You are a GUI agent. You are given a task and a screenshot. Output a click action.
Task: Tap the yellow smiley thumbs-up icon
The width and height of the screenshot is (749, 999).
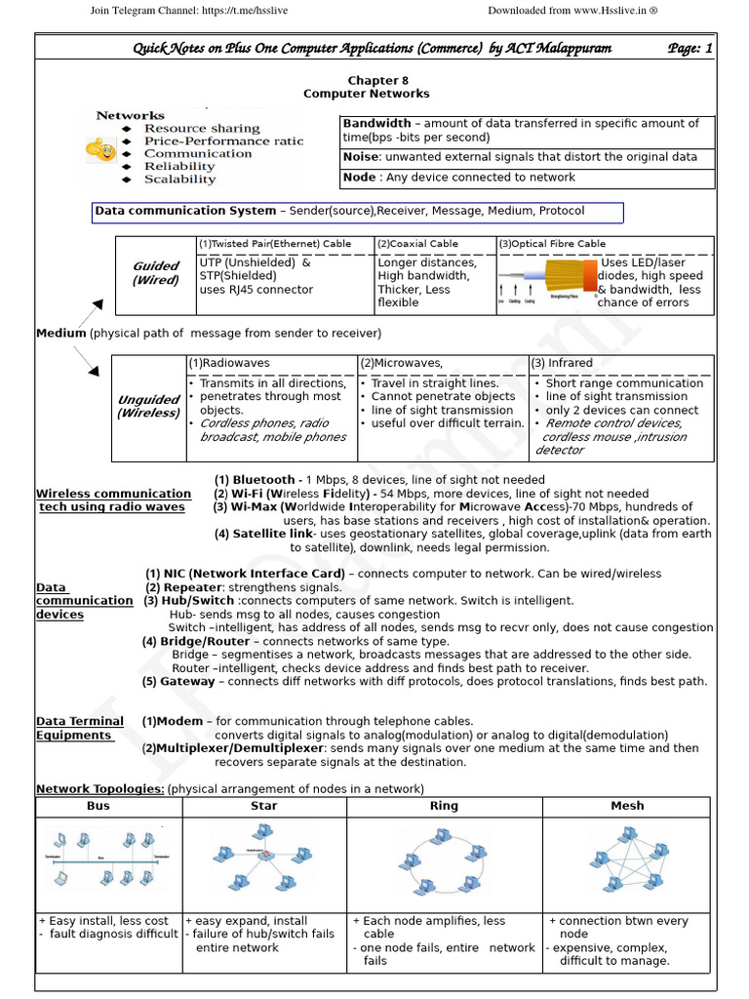coord(99,149)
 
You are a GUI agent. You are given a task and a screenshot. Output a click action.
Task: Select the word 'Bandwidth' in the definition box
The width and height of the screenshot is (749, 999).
coord(376,124)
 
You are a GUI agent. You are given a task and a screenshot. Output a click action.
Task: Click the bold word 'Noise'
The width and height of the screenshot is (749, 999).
coord(360,157)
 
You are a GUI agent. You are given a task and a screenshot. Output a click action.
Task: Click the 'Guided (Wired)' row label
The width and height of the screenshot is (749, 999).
coord(156,273)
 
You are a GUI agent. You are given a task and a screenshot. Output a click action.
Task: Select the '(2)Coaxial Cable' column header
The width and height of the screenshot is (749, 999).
coord(417,244)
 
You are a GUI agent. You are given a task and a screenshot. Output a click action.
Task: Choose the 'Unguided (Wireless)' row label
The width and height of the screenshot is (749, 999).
coord(148,407)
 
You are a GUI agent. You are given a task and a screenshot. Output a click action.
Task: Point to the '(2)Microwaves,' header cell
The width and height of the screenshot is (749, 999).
coord(402,363)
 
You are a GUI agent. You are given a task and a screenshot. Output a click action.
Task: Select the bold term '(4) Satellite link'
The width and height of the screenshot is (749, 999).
coord(263,534)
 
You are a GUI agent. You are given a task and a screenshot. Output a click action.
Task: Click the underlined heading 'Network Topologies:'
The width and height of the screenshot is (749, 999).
coord(99,788)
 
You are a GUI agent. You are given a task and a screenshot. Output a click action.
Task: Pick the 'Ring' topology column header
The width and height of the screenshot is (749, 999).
coord(444,806)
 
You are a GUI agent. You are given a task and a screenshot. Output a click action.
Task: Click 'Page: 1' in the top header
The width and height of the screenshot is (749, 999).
coord(690,48)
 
